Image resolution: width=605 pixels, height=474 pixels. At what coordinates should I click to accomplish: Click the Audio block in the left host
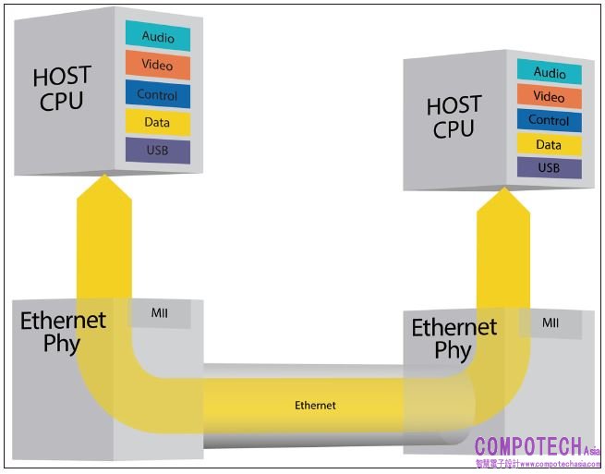158,37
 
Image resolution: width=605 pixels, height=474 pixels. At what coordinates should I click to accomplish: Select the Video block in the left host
158,66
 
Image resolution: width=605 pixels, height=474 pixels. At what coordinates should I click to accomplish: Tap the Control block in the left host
158,94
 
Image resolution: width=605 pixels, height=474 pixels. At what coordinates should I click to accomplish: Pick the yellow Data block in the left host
158,123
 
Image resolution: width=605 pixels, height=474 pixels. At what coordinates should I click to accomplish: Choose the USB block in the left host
158,151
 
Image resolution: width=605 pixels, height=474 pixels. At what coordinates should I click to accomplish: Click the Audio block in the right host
550,73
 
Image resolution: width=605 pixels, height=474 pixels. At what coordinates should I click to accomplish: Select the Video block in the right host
550,97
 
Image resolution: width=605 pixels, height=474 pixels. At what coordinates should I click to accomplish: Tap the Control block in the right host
550,121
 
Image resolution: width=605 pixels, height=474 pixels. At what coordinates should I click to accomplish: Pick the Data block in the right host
550,145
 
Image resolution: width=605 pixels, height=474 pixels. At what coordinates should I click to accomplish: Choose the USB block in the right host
550,168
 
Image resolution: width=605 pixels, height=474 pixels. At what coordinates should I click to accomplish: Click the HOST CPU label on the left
63,89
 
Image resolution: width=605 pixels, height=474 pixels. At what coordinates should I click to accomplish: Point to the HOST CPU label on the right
454,117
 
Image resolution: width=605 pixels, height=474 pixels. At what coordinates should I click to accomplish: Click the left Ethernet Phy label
63,333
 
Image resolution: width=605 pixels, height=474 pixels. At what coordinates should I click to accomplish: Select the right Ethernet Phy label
454,338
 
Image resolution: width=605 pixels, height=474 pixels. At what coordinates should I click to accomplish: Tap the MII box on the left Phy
160,313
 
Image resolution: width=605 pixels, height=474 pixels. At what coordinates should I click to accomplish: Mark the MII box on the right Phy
551,323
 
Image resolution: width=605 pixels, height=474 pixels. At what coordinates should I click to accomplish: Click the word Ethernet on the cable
315,406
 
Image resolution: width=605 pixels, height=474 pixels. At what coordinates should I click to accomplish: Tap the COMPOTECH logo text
528,447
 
